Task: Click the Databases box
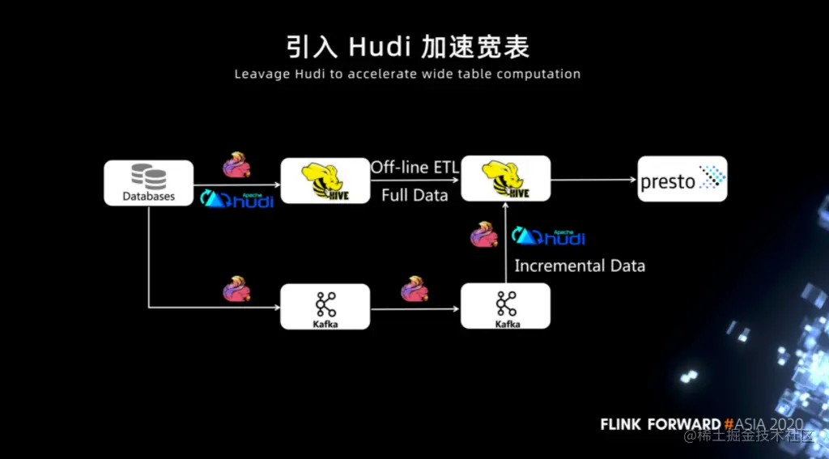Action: point(149,182)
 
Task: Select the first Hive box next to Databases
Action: point(325,180)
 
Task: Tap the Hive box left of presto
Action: point(505,178)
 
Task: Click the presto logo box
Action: point(682,179)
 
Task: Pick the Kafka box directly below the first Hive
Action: point(325,306)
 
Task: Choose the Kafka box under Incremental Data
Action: point(505,305)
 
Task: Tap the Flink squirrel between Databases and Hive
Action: point(236,164)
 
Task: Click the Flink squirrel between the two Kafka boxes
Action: point(414,288)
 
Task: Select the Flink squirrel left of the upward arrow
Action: point(485,234)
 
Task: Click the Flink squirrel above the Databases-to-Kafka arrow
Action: point(236,288)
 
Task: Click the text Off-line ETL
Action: point(414,168)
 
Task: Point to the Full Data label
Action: point(414,195)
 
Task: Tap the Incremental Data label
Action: point(580,266)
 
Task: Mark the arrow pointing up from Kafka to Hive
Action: point(506,243)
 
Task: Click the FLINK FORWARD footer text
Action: point(660,424)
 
